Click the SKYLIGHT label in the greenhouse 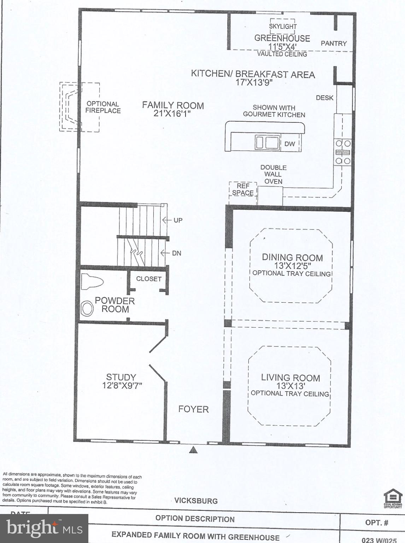tap(283, 27)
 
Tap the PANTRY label tap(334, 43)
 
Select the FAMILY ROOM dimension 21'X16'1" tap(173, 113)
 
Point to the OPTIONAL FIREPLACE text tap(103, 107)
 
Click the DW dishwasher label tap(289, 144)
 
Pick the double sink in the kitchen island tap(268, 143)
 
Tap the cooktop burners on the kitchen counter tap(343, 152)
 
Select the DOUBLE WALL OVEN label tap(273, 174)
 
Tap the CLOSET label tap(149, 279)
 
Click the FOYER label tap(193, 409)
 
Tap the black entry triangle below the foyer tap(193, 450)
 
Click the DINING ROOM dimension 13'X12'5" tap(292, 265)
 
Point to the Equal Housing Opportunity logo tap(393, 498)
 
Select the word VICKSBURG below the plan tap(196, 501)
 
